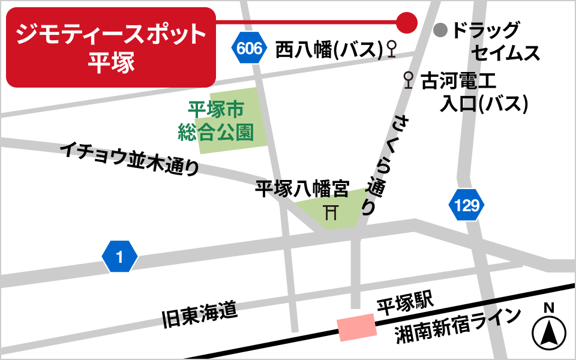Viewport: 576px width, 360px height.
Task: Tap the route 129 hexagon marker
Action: coord(466,206)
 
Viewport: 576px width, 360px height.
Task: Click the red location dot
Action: coord(407,23)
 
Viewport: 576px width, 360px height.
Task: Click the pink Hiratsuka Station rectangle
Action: coord(357,328)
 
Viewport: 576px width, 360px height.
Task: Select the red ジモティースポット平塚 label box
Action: coord(110,47)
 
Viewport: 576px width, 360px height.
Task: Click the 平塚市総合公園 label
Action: coord(215,121)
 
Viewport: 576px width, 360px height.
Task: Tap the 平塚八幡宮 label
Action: coord(302,190)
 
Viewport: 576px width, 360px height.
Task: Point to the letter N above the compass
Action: coord(548,308)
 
